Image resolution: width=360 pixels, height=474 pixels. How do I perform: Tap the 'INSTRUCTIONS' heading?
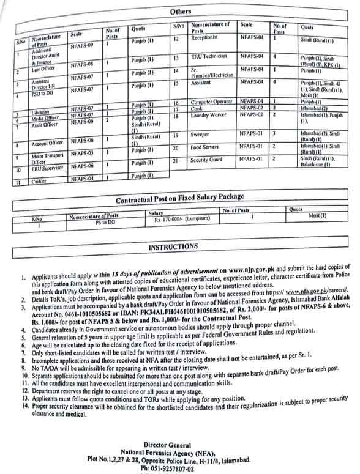(173, 247)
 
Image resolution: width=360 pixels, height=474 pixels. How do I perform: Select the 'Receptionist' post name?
(206, 39)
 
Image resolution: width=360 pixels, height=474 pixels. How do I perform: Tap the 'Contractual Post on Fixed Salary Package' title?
(180, 198)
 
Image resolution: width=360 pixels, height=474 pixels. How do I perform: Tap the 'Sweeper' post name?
(200, 133)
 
